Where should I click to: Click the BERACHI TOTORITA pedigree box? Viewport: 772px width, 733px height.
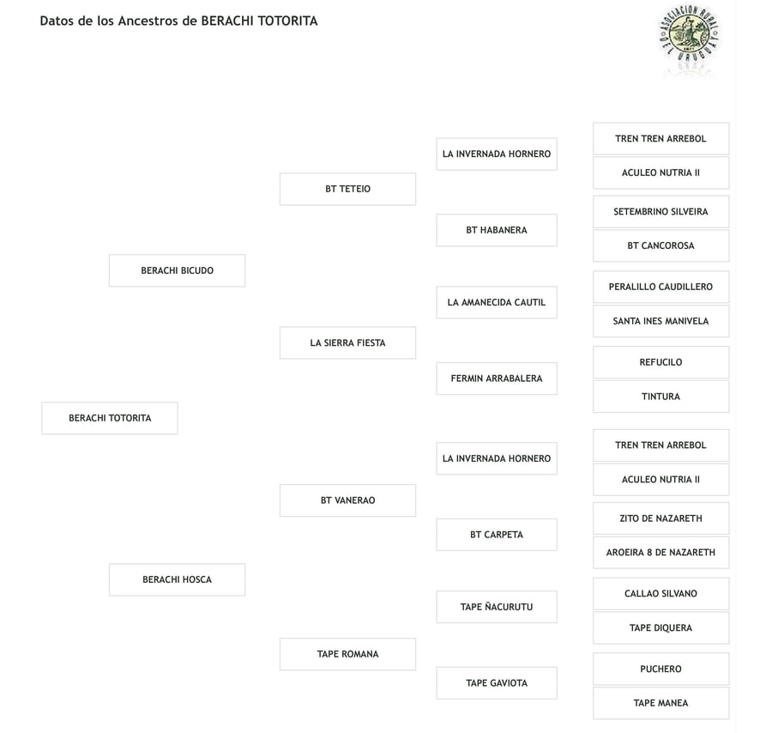point(110,418)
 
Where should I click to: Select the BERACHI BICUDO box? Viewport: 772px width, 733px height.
point(177,270)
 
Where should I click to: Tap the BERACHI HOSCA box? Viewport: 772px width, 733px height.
point(177,579)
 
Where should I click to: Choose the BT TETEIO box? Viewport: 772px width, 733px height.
point(347,189)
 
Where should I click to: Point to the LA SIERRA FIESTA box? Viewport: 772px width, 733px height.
point(347,342)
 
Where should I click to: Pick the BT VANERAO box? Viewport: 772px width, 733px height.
point(347,500)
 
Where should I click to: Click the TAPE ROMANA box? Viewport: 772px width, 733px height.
point(347,654)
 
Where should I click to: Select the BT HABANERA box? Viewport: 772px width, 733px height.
point(497,230)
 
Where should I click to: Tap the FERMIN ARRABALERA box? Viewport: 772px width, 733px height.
point(497,379)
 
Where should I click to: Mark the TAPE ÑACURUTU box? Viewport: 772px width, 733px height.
point(497,607)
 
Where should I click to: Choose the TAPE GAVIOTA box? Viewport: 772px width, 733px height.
point(497,683)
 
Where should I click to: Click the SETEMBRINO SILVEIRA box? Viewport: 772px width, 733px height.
point(660,211)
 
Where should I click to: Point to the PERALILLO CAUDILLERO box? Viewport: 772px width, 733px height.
point(660,287)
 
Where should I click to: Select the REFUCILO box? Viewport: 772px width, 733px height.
point(660,362)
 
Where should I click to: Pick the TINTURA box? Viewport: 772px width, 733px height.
point(660,397)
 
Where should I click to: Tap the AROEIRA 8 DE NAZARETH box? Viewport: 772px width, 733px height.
point(660,553)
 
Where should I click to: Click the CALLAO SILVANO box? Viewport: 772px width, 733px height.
point(660,594)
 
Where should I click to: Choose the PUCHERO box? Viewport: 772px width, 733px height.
point(660,669)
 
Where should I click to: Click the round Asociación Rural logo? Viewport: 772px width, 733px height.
point(689,35)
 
